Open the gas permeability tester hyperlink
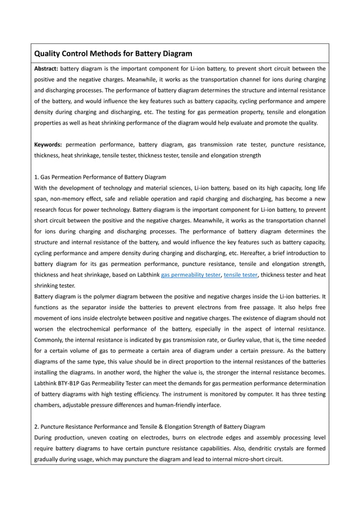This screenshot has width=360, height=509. [x=191, y=275]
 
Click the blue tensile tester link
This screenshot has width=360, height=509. [x=241, y=275]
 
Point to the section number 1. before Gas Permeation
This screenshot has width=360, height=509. [x=37, y=177]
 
